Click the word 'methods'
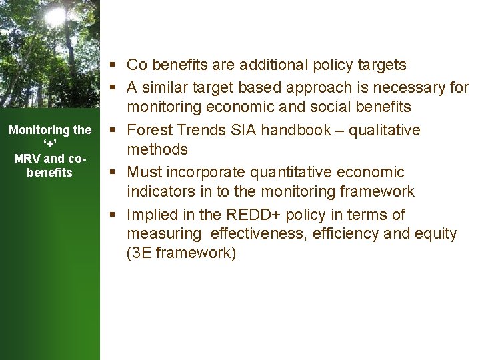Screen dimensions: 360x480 (x=157, y=149)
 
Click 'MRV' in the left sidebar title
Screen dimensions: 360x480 (x=27, y=159)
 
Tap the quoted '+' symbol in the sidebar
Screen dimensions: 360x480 (x=49, y=145)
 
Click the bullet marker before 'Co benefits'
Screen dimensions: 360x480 (x=115, y=65)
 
